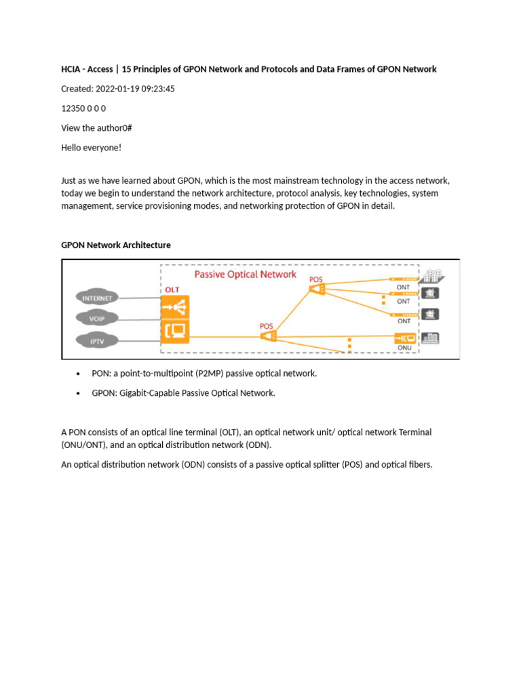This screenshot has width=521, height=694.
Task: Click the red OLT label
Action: tap(172, 289)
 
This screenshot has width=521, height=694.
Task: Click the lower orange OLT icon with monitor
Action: tap(175, 331)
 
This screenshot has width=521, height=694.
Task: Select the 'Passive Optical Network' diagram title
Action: tap(246, 274)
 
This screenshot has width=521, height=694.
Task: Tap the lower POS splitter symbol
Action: tap(267, 336)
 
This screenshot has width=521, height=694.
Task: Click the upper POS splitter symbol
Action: tap(317, 290)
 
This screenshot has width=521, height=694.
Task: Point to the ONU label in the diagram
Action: tap(404, 347)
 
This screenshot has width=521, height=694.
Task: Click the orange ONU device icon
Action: tap(405, 338)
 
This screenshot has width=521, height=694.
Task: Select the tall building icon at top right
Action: tap(432, 277)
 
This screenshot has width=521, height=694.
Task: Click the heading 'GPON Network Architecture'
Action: tap(116, 245)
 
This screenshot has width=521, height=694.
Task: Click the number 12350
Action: tap(73, 108)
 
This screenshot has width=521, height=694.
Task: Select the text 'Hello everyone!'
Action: tap(91, 147)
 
